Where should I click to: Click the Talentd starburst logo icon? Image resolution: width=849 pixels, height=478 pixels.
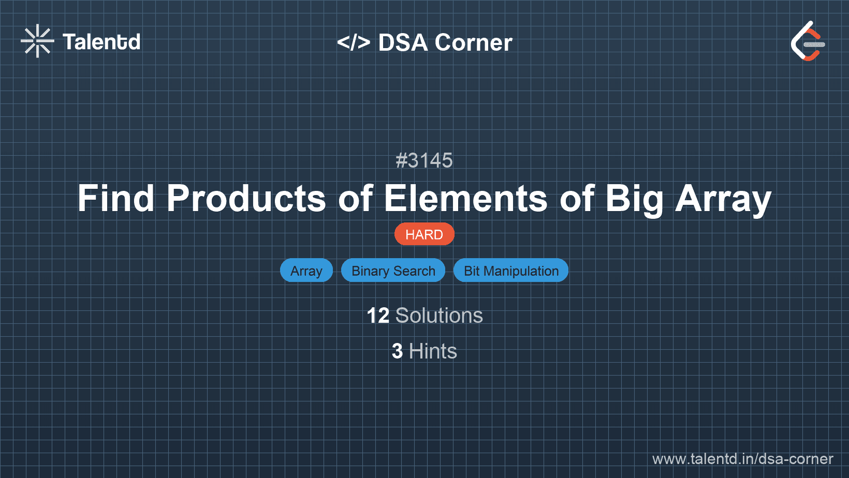[x=37, y=41]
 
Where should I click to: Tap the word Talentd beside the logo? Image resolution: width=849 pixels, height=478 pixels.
[x=101, y=42]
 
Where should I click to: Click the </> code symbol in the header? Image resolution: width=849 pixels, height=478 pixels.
[x=353, y=42]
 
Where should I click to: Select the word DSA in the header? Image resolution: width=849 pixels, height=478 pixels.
[x=403, y=42]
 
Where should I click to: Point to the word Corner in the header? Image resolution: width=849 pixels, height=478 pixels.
[x=473, y=42]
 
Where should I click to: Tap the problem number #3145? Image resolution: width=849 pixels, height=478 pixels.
[x=424, y=160]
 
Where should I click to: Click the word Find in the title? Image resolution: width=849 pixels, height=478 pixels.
[x=116, y=198]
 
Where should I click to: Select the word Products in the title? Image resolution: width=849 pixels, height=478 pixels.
[x=246, y=198]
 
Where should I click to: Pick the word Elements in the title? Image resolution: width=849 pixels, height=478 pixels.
[x=466, y=198]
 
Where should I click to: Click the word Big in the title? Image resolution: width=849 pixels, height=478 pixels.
[x=635, y=200]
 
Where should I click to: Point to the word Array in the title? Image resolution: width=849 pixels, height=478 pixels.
[x=723, y=200]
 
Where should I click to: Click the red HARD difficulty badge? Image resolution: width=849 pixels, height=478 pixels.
[x=424, y=234]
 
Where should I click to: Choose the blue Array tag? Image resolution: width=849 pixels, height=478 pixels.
[x=306, y=271]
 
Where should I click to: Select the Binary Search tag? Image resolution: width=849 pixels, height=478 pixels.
[x=393, y=271]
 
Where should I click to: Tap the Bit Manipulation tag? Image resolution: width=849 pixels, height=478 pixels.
[x=511, y=271]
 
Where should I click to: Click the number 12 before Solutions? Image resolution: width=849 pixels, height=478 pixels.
[x=378, y=316]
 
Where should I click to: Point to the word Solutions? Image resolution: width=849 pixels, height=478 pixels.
[x=439, y=316]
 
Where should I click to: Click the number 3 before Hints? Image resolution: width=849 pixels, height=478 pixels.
[x=397, y=351]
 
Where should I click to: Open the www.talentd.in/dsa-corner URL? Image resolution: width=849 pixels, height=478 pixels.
[x=742, y=459]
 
